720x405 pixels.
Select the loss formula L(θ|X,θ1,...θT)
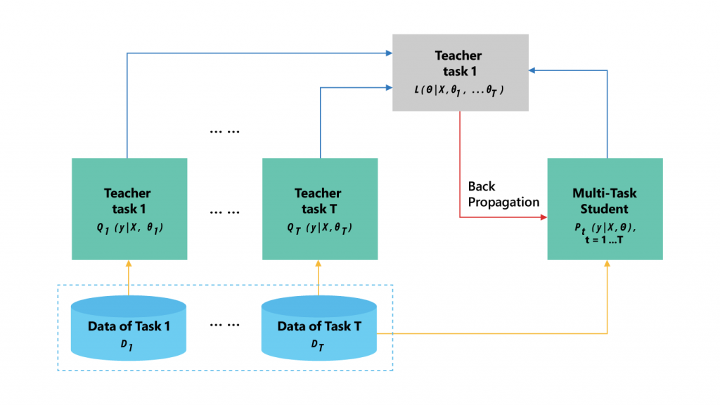pos(460,92)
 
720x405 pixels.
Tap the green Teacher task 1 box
pos(129,199)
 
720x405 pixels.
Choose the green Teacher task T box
pos(319,199)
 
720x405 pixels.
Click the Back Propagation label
pos(503,194)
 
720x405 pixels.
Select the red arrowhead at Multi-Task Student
pos(543,217)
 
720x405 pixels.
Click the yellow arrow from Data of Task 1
pos(129,278)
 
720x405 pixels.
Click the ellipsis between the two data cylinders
pos(224,326)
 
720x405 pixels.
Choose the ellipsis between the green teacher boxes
pos(224,211)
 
